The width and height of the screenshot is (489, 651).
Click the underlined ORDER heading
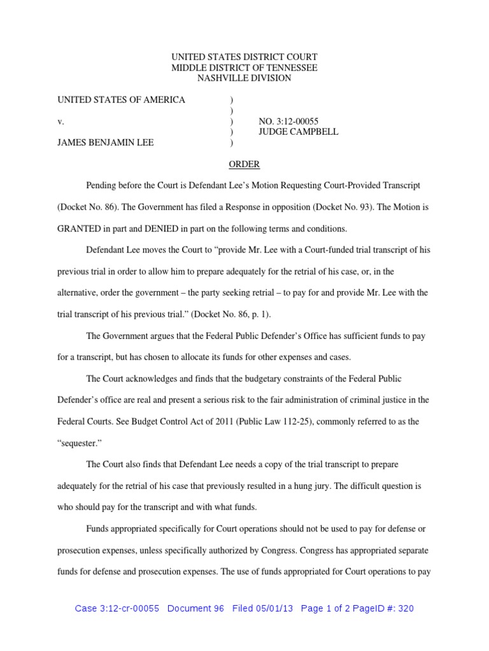point(244,164)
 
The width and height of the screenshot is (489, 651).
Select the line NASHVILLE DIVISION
point(244,78)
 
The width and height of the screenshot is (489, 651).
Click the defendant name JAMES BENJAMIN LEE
point(106,143)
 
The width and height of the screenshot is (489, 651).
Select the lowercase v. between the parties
point(60,121)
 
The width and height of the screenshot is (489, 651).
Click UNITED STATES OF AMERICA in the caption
point(122,100)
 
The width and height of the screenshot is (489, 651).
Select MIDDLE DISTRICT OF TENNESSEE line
point(244,67)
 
